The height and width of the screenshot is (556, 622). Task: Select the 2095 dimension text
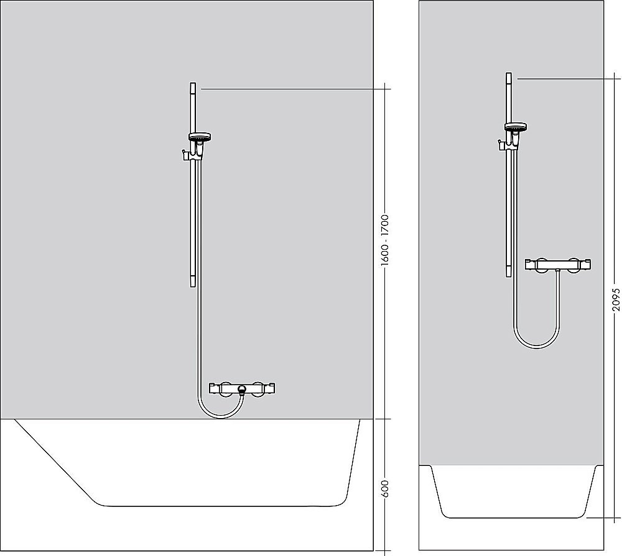tap(616, 299)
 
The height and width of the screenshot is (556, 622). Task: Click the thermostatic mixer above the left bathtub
tap(242, 388)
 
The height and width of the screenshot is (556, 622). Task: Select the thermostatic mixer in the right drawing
tap(558, 264)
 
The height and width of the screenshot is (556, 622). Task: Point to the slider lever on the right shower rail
tap(499, 146)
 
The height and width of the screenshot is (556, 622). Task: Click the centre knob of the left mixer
tap(242, 390)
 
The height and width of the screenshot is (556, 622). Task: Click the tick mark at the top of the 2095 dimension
tap(616, 78)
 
